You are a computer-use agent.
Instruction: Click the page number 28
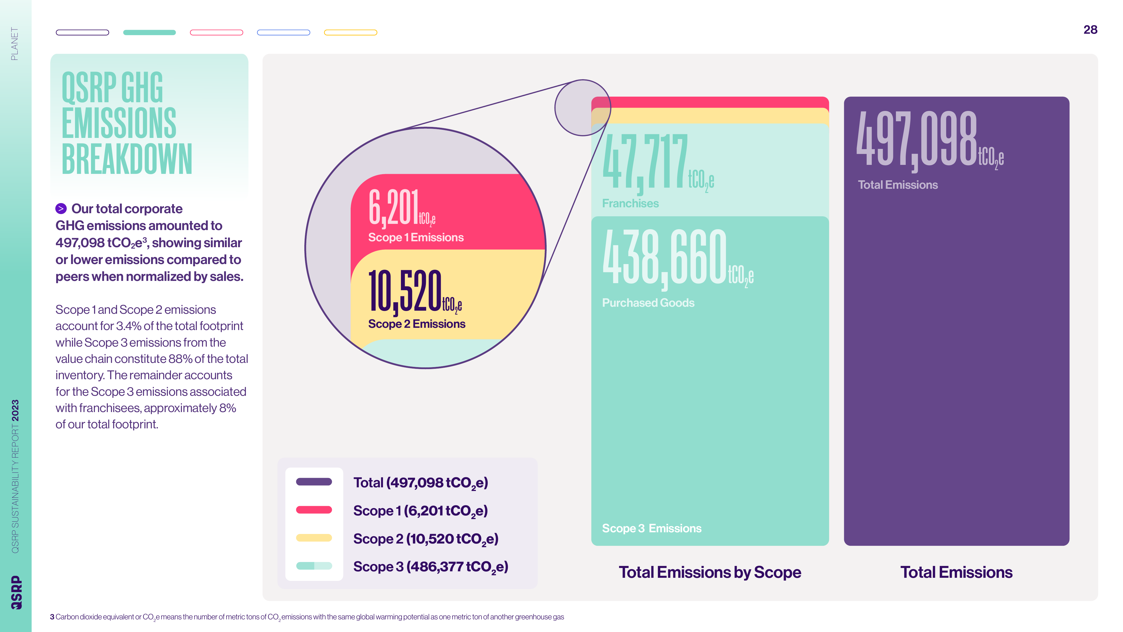(x=1090, y=30)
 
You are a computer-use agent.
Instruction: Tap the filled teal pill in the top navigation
(x=150, y=32)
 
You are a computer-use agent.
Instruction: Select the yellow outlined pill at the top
(x=350, y=32)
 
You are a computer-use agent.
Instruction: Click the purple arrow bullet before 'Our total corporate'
(x=61, y=208)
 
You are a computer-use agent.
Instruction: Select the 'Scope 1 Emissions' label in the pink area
(x=416, y=237)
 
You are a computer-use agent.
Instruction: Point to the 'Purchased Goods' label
(x=648, y=303)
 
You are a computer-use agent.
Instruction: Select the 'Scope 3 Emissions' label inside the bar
(x=652, y=528)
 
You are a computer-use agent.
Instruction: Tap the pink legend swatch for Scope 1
(x=314, y=510)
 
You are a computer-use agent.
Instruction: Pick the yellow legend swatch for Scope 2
(x=314, y=538)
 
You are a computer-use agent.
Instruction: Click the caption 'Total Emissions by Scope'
(x=710, y=572)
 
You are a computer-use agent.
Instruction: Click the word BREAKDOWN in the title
(x=127, y=159)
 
